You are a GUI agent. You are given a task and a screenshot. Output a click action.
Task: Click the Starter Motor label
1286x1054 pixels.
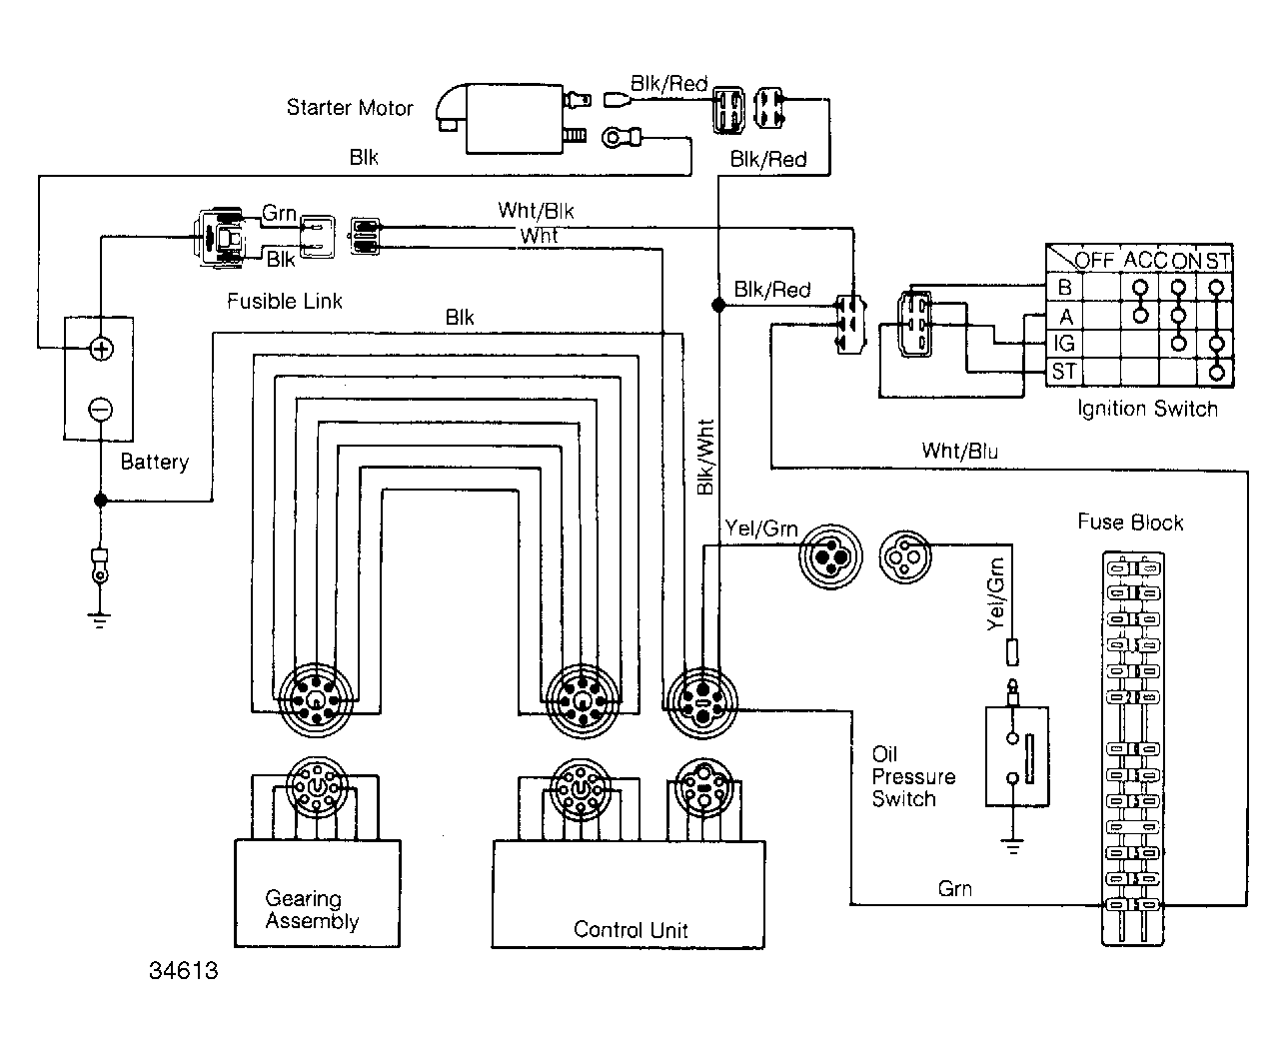point(350,108)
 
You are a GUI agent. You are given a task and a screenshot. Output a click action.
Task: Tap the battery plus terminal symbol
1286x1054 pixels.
point(101,350)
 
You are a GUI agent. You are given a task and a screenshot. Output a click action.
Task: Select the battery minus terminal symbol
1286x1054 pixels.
point(101,409)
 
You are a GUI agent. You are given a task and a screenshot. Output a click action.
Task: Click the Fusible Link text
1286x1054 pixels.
point(284,301)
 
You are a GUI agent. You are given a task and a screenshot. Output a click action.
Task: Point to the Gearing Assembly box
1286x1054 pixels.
point(317,893)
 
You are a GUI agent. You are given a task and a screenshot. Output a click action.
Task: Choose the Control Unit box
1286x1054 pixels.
point(629,894)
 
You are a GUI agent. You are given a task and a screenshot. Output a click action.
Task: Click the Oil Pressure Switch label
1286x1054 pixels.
point(913,776)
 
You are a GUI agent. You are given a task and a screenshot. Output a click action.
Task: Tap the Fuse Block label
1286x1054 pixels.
point(1130,523)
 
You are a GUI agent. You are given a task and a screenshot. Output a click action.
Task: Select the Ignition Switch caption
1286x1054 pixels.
point(1147,409)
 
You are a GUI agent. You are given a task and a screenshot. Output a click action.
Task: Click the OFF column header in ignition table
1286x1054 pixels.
point(1094,261)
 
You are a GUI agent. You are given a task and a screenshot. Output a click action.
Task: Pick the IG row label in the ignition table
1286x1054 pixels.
point(1064,344)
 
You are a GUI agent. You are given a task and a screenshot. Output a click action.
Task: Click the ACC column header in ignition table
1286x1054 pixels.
point(1145,261)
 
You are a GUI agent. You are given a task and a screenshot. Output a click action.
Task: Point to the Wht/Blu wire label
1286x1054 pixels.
point(960,452)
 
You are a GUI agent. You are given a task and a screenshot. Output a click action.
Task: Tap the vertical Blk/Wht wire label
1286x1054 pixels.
point(704,458)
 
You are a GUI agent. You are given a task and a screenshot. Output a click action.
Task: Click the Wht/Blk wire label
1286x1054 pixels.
point(536,211)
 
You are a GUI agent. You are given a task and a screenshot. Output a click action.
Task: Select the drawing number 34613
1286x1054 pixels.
point(184,970)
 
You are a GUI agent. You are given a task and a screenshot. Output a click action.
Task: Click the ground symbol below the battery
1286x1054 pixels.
point(99,620)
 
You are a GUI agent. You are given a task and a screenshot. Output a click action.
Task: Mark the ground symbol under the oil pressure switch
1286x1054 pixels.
point(1013,847)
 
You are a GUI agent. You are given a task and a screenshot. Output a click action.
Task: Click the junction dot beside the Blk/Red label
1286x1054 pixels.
point(718,305)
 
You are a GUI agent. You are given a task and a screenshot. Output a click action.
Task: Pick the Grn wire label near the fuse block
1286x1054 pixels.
point(955,889)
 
